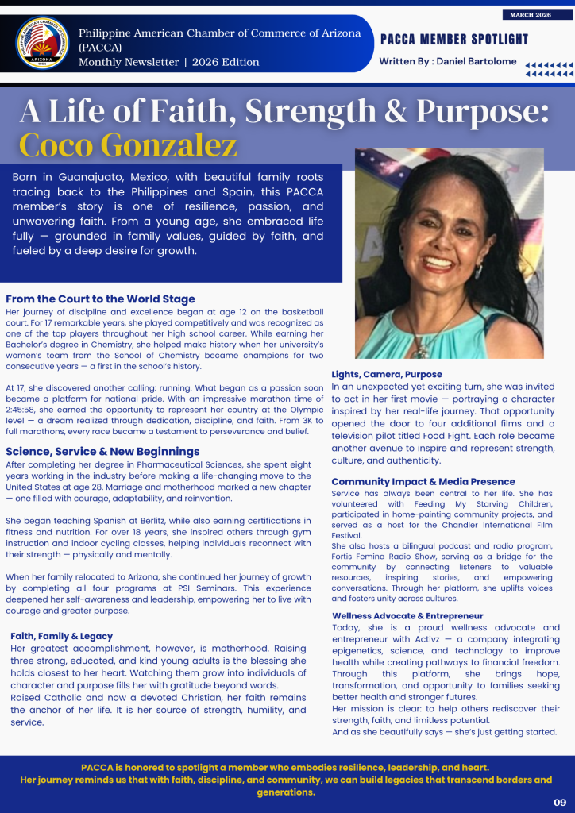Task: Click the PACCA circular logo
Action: [42, 44]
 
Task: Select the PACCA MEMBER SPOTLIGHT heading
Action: [454, 40]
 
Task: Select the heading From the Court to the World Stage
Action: [100, 299]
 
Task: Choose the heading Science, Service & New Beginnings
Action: [102, 451]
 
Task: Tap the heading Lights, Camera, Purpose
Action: [387, 374]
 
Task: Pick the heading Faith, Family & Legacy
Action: [61, 636]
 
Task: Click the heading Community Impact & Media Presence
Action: [423, 482]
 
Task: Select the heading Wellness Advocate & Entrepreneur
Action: [407, 616]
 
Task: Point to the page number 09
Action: [560, 802]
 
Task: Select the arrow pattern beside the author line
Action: [549, 69]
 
